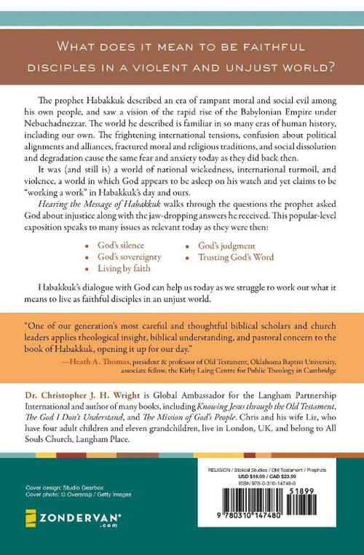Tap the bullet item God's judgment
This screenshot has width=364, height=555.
[x=228, y=237]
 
